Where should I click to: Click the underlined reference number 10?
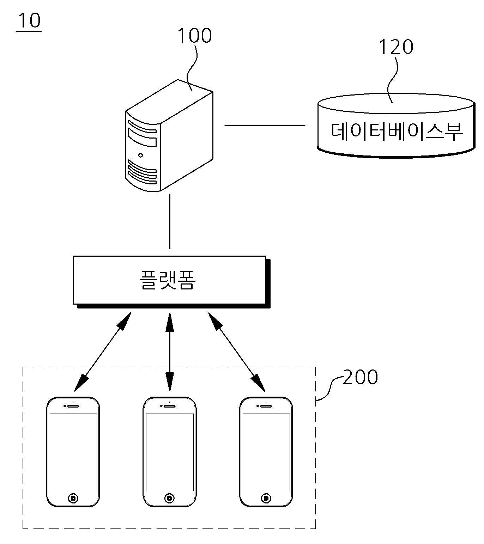click(x=29, y=20)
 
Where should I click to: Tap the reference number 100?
click(x=195, y=36)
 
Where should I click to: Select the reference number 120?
click(x=396, y=47)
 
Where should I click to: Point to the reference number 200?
click(x=361, y=377)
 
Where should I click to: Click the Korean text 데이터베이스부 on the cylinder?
click(x=397, y=131)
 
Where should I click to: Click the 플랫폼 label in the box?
click(x=168, y=280)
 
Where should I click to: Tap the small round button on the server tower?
click(x=140, y=155)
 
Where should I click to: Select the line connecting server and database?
click(x=265, y=126)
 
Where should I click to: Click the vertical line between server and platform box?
click(x=170, y=221)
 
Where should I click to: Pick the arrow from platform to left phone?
click(x=102, y=352)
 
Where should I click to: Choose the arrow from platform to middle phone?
click(x=170, y=352)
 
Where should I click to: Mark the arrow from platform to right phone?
click(x=237, y=352)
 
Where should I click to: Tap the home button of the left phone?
click(x=73, y=499)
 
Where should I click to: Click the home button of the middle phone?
click(x=169, y=499)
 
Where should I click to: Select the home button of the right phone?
click(x=266, y=499)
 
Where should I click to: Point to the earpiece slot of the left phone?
click(x=73, y=406)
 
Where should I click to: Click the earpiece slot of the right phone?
click(x=266, y=406)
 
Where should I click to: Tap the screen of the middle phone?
click(x=170, y=452)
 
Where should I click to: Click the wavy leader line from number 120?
click(x=393, y=80)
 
